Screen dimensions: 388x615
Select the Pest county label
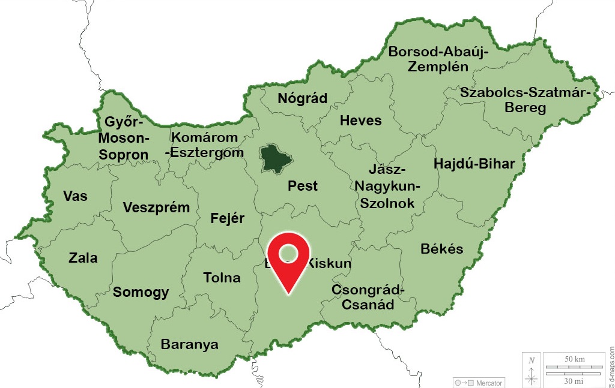tap(303, 185)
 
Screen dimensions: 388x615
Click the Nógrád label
tap(302, 99)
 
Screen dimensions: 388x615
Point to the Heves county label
tap(360, 121)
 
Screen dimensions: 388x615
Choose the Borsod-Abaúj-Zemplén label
tap(438, 59)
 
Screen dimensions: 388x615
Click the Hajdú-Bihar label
tap(474, 164)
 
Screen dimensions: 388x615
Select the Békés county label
tap(442, 248)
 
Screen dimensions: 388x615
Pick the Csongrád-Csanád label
tap(368, 297)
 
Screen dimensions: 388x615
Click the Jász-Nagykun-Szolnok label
tap(387, 187)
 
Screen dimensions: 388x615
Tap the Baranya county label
tap(189, 345)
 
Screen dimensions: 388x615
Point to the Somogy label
tap(141, 293)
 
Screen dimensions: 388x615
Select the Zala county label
tap(83, 258)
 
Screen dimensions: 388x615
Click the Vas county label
tap(75, 196)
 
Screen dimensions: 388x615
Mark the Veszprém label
tap(156, 208)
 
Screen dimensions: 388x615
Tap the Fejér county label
tap(228, 218)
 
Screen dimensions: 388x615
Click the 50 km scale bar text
tap(574, 359)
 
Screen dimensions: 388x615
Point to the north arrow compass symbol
tap(531, 371)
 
